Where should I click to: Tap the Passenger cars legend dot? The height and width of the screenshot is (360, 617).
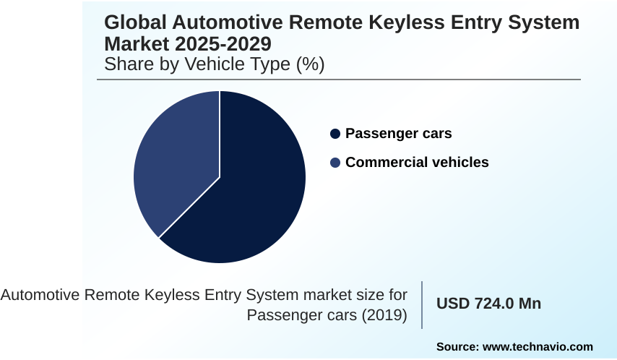pos(335,134)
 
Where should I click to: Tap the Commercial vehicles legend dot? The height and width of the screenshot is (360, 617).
pos(335,163)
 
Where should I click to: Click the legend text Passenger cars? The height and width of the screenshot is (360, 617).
pos(398,134)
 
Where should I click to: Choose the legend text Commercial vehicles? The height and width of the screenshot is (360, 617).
pos(417,163)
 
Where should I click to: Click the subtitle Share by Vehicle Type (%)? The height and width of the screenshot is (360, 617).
pos(214,64)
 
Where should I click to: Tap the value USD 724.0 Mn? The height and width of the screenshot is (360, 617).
pos(488,304)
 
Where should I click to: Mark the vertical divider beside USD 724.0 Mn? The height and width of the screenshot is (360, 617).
pos(422,304)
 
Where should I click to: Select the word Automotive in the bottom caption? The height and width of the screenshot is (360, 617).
pos(40,295)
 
